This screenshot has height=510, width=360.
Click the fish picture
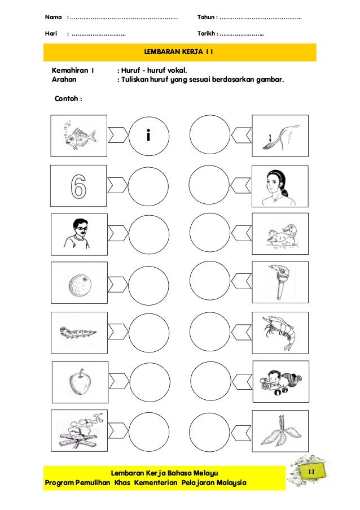click(x=78, y=136)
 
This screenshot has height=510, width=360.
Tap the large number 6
click(x=78, y=186)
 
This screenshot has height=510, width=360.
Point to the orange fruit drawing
click(x=78, y=281)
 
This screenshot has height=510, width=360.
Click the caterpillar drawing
click(x=78, y=330)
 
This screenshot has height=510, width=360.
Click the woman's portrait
click(x=280, y=186)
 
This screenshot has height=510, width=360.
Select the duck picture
click(x=280, y=233)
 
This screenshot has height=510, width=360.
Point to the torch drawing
click(x=280, y=281)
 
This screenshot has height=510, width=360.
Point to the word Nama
click(x=54, y=18)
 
